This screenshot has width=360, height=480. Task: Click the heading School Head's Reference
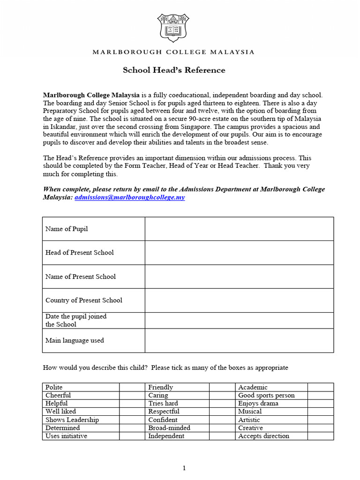tap(174, 70)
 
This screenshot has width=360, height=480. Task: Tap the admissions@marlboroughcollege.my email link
tap(129, 197)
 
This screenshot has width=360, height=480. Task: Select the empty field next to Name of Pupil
tap(239, 229)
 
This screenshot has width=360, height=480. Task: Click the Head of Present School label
tap(79, 253)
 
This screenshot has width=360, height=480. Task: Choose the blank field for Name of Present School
tap(239, 277)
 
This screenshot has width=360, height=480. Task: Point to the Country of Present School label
tap(83, 300)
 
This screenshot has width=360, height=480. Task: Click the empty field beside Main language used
tap(239, 340)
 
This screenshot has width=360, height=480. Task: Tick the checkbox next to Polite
tap(132, 387)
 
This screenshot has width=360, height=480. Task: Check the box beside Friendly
tap(222, 387)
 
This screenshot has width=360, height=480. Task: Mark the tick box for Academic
tap(321, 387)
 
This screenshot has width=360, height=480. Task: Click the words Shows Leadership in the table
tap(72, 420)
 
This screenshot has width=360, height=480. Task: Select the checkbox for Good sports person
tap(321, 395)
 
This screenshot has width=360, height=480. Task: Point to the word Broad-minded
tap(169, 428)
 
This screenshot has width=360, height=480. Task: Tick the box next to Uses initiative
tap(132, 436)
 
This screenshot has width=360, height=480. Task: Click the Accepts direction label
tap(263, 436)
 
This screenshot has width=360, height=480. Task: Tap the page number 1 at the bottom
tap(184, 468)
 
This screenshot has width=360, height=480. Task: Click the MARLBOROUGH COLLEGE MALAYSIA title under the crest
tap(173, 52)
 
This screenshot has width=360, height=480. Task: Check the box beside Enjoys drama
tap(321, 403)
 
